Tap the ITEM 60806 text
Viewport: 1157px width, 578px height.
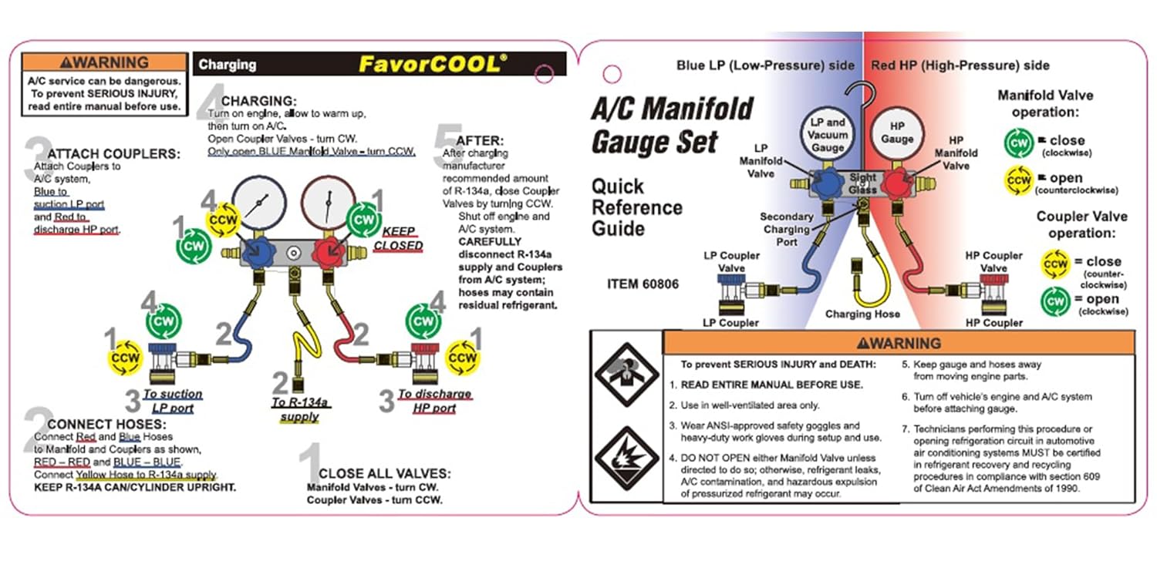643,284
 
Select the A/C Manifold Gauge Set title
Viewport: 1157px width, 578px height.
673,126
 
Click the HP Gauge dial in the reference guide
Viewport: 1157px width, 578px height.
896,133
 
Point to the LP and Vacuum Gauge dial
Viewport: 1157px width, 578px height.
828,134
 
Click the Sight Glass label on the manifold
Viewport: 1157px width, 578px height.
862,183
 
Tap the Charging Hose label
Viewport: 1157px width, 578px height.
862,314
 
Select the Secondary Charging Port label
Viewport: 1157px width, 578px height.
786,229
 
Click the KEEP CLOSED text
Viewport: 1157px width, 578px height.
398,238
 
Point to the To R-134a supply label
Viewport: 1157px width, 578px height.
299,409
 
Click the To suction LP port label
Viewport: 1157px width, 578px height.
173,401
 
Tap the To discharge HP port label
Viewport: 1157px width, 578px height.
434,401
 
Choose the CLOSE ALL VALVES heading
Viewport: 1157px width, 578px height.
384,473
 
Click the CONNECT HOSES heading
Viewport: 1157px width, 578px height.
106,424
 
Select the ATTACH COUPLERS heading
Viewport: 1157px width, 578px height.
113,154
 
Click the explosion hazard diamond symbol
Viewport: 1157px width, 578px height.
626,459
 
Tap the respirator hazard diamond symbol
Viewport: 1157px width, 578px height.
626,374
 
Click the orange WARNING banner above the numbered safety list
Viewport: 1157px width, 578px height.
899,343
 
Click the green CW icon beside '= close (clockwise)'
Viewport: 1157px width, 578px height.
1019,143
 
